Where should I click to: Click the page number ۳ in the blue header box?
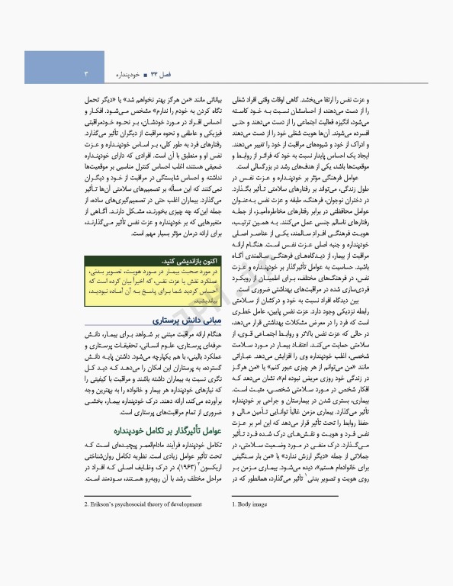86,74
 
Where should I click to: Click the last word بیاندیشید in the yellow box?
206,301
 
